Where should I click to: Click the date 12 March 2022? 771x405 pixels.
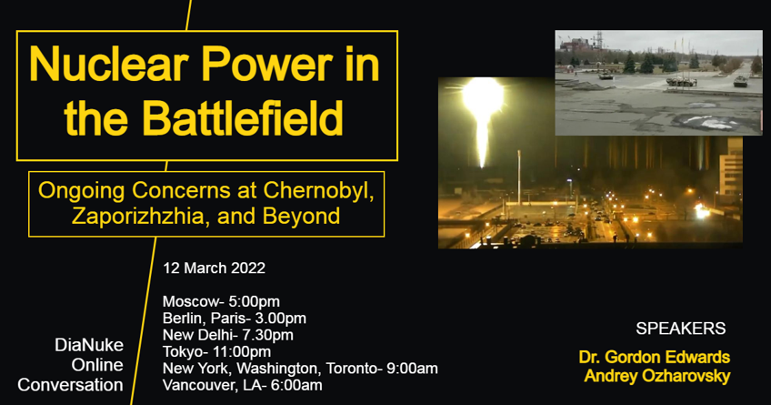coord(214,268)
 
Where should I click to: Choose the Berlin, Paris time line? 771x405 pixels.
coord(234,318)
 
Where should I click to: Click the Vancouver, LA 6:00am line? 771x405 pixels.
coord(241,384)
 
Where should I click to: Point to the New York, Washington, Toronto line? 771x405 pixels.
coord(300,368)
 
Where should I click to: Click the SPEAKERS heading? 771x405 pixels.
coord(680,329)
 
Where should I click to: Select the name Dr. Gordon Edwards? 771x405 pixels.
coord(654,356)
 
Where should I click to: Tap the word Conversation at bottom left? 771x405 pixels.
coord(70,384)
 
